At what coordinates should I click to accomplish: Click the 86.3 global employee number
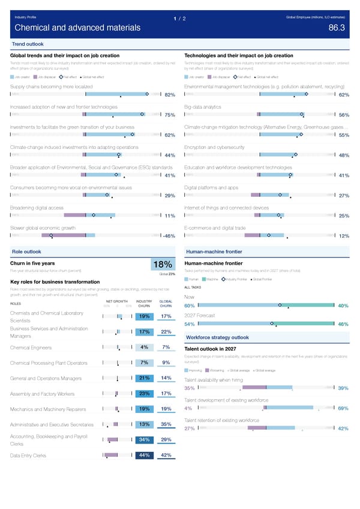[x=337, y=28]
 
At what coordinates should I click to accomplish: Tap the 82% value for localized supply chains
[x=169, y=95]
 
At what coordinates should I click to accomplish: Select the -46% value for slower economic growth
[x=168, y=236]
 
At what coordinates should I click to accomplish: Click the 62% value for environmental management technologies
[x=344, y=95]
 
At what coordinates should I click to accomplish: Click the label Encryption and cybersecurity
[x=214, y=147]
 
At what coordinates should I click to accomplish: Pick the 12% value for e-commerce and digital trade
[x=344, y=236]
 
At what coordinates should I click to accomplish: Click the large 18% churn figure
[x=163, y=265]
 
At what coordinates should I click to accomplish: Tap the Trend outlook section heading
[x=28, y=44]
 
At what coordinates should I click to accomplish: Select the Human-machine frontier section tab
[x=214, y=251]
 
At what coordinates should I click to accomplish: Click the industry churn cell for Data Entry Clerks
[x=144, y=456]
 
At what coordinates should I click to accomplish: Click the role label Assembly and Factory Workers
[x=43, y=394]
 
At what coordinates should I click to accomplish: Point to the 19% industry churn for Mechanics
[x=144, y=409]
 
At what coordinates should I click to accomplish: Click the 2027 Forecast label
[x=199, y=316]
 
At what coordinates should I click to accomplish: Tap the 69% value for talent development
[x=344, y=409]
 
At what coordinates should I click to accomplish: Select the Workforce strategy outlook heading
[x=217, y=337]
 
